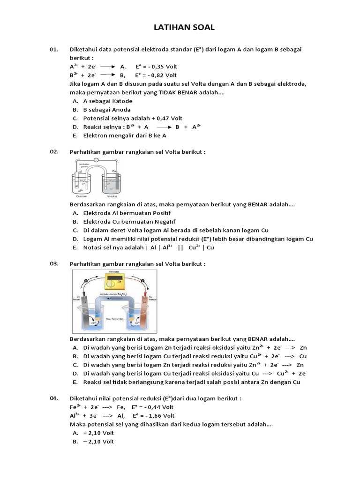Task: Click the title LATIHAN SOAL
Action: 184,28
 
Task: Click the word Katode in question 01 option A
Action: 121,101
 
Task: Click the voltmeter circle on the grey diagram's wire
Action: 97,160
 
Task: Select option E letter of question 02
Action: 75,247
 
